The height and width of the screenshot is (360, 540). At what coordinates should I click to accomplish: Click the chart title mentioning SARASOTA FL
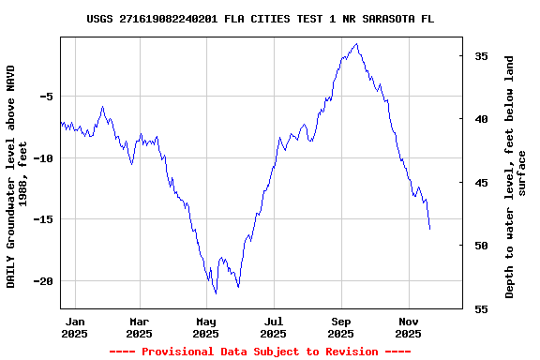[260, 19]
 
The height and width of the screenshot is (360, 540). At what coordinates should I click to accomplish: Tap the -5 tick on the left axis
[45, 97]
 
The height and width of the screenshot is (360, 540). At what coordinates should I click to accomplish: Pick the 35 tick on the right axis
[480, 56]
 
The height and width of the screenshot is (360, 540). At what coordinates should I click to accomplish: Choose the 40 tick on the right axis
[480, 119]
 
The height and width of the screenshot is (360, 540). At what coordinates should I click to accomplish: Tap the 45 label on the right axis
[480, 183]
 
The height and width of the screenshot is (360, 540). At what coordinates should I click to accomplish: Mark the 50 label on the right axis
[480, 246]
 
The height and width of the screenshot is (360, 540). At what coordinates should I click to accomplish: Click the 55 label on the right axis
[480, 308]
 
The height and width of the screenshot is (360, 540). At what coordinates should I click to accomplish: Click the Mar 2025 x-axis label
[139, 327]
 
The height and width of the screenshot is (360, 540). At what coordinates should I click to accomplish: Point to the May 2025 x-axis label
[206, 327]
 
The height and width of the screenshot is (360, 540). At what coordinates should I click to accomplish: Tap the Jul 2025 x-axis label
[273, 327]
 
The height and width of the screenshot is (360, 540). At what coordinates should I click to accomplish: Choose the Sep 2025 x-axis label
[341, 327]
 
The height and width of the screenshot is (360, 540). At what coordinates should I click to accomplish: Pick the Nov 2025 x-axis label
[408, 327]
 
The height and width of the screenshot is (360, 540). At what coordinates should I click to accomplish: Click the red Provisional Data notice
[260, 352]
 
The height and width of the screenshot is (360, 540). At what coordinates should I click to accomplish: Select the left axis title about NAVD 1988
[17, 176]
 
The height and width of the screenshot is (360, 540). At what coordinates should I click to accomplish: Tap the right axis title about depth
[516, 176]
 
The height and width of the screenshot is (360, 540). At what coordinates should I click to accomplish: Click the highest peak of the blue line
[356, 43]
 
